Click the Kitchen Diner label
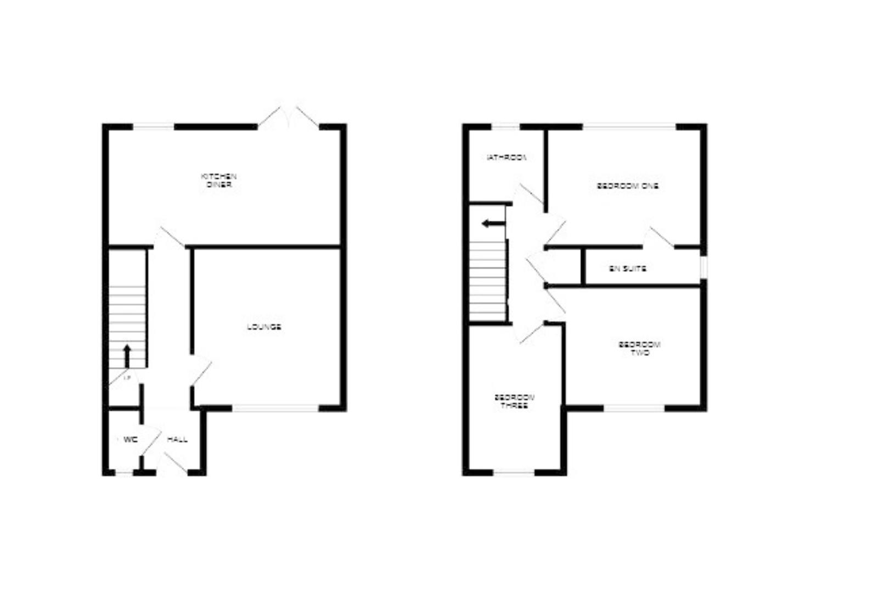(x=218, y=181)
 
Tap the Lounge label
(x=264, y=327)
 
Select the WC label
(x=130, y=439)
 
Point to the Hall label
(x=177, y=439)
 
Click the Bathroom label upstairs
(x=507, y=158)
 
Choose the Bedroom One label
(x=628, y=186)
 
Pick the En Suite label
(x=628, y=269)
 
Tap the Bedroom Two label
(x=639, y=349)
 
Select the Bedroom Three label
(x=514, y=401)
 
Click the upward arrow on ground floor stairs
(x=127, y=355)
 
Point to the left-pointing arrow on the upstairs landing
(x=493, y=223)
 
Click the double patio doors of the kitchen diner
(x=289, y=118)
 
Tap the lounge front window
(x=275, y=408)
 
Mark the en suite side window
(x=704, y=267)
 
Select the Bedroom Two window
(x=634, y=408)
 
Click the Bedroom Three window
(x=514, y=472)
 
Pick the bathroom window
(x=505, y=127)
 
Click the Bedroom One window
(x=629, y=127)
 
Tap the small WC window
(x=125, y=472)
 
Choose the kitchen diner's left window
(x=154, y=127)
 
